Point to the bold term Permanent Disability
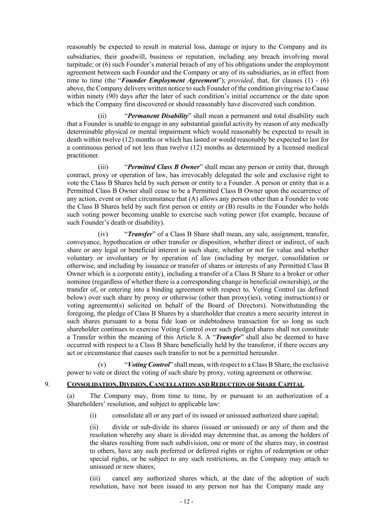pos(158,116)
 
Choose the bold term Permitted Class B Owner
pos(163,167)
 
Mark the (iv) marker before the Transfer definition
pos(103,234)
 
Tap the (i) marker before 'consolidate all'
pos(93,415)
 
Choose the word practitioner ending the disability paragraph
pos(83,155)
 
